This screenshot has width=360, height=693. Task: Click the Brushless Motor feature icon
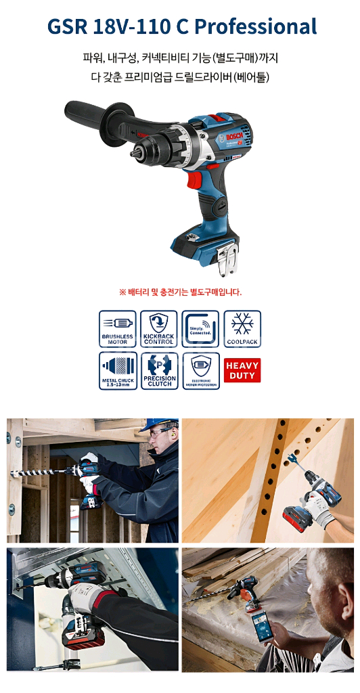pyautogui.click(x=118, y=329)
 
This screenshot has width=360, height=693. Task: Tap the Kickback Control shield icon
pyautogui.click(x=159, y=329)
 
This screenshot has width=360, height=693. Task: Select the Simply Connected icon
pyautogui.click(x=200, y=329)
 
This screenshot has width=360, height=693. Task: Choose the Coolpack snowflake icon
pyautogui.click(x=242, y=329)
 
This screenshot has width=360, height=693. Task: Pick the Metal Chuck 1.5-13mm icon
pyautogui.click(x=118, y=370)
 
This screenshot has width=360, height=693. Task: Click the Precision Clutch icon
pyautogui.click(x=159, y=370)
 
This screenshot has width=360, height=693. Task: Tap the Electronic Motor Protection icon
pyautogui.click(x=200, y=370)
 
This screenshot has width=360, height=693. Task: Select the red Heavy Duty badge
pyautogui.click(x=242, y=370)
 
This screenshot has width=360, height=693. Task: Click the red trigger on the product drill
pyautogui.click(x=194, y=179)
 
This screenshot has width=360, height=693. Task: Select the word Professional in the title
pyautogui.click(x=256, y=27)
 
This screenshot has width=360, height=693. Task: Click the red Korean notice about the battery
pyautogui.click(x=180, y=292)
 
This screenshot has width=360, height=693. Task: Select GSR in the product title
pyautogui.click(x=68, y=27)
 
